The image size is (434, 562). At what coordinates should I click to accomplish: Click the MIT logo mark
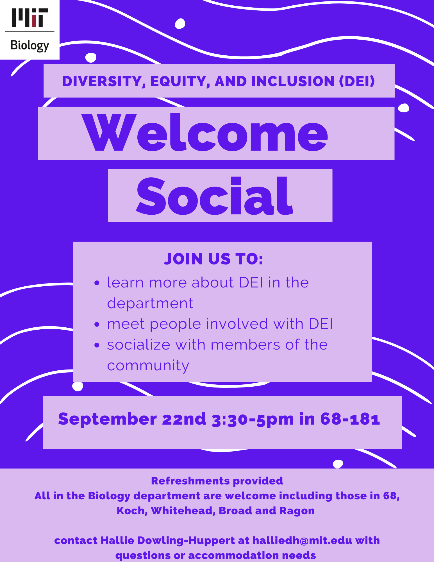[x=30, y=18]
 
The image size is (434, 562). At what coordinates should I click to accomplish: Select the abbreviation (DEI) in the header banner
[x=357, y=81]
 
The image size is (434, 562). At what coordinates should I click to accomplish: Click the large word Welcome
[x=204, y=132]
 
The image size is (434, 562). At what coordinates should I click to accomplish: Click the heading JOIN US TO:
[x=213, y=259]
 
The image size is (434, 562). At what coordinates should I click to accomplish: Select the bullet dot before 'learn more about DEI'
[x=97, y=283]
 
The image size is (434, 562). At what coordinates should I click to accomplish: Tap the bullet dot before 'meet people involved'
[x=97, y=325]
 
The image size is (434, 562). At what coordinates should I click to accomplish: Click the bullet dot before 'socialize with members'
[x=97, y=345]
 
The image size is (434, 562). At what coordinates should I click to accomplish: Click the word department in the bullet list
[x=150, y=304]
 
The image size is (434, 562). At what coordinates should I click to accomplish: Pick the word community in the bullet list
[x=148, y=366]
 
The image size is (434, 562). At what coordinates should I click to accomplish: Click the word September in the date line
[x=107, y=419]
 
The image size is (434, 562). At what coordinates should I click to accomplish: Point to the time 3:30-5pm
[x=253, y=420]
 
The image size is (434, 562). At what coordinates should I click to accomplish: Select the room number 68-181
[x=350, y=419]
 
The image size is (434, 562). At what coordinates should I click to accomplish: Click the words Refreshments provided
[x=217, y=481]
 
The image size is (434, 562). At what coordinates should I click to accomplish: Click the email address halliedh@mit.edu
[x=302, y=540]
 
